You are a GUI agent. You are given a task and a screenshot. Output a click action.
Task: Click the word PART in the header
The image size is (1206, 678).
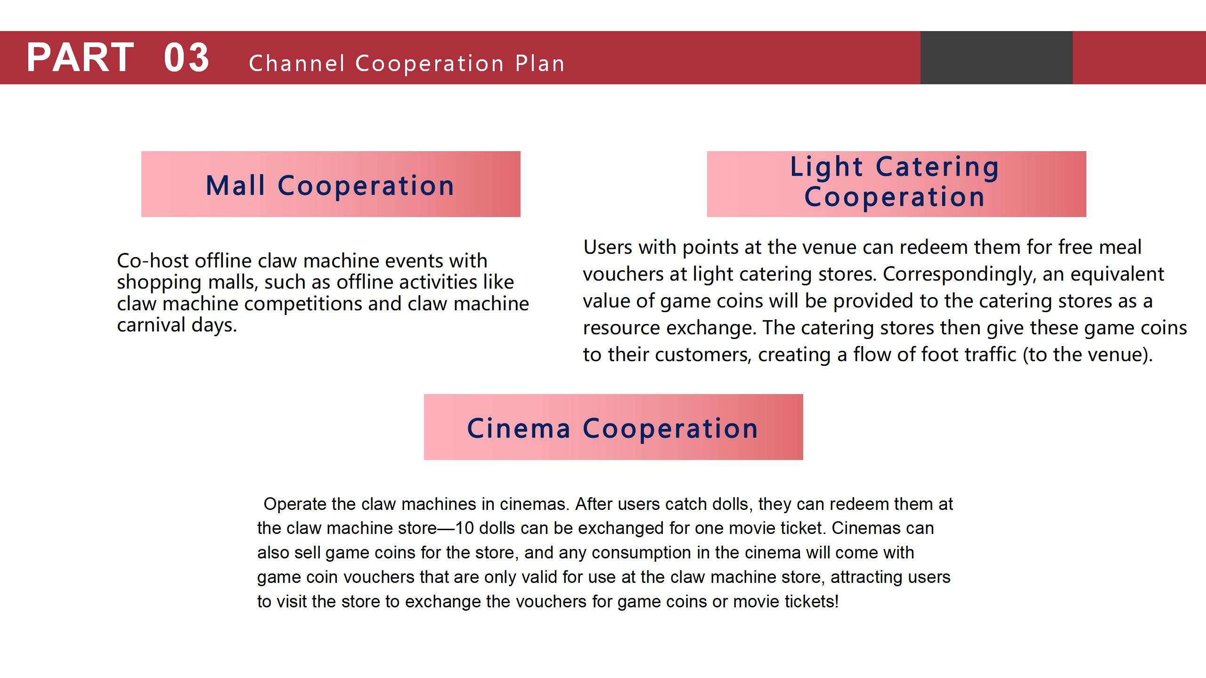click(80, 57)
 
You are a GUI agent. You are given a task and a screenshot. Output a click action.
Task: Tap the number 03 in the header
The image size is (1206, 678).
click(187, 57)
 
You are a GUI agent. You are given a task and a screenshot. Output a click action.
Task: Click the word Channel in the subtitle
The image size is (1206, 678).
click(297, 64)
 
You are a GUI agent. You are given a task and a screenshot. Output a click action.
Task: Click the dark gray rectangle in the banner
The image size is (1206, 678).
click(996, 57)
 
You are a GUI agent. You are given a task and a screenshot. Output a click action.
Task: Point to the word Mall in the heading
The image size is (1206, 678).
click(236, 185)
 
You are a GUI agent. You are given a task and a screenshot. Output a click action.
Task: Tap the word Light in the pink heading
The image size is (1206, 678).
click(826, 167)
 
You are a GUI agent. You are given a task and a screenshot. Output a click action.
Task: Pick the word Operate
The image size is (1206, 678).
click(295, 505)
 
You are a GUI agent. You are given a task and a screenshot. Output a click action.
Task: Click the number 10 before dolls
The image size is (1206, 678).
click(464, 528)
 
